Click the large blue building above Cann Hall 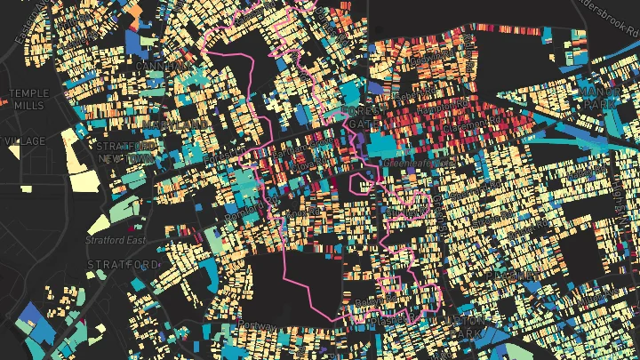pyautogui.click(x=137, y=41)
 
